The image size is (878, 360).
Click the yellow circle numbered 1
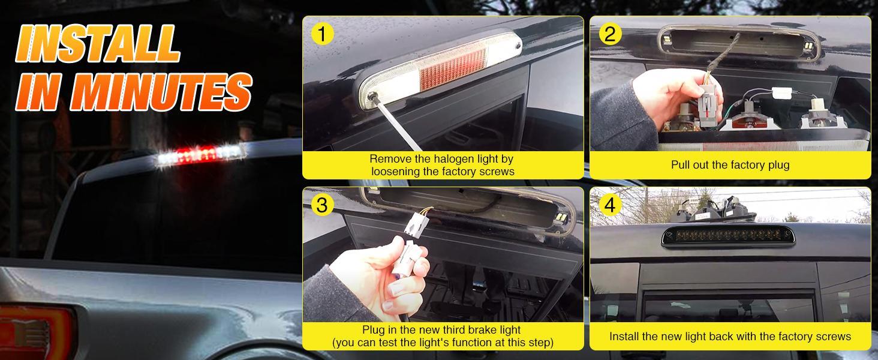point(322,34)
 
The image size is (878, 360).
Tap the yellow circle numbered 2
point(610,34)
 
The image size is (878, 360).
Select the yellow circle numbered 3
point(322,205)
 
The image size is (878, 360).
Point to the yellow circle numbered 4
point(610,205)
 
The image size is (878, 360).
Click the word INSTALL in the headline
point(98,44)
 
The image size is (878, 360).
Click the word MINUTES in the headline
point(161,92)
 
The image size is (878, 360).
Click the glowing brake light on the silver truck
point(200,154)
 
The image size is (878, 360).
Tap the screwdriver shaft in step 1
point(396,125)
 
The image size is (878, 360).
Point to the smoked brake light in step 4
point(728,235)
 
